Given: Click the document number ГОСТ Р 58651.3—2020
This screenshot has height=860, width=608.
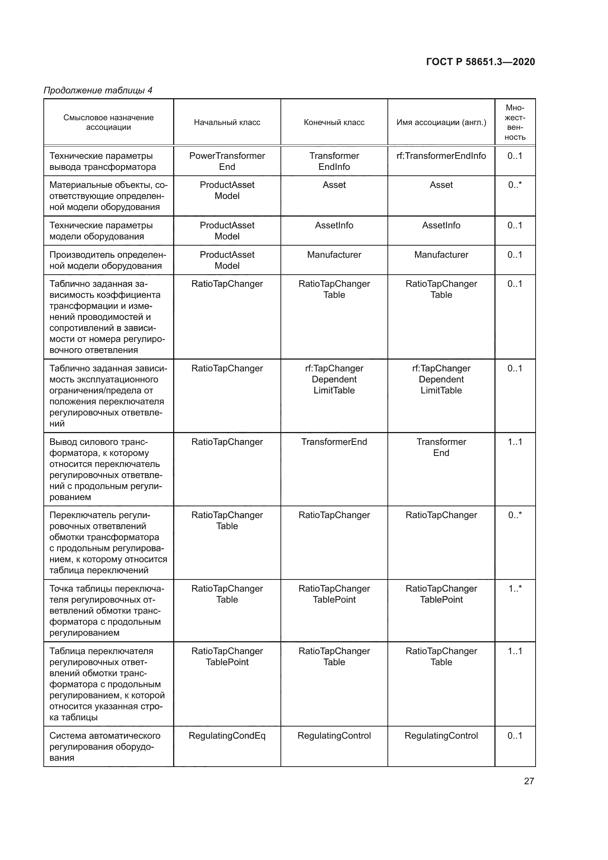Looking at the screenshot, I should pos(480,62).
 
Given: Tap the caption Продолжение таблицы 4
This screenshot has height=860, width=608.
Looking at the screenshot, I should pos(98,90).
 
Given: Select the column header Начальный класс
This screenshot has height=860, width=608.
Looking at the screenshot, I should pos(227,122).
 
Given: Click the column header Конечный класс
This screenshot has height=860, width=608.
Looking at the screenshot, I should pos(334,122).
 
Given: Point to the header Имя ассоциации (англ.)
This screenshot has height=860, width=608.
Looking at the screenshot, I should pos(441,122).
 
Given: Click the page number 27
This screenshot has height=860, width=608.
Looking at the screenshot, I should pos(529,781).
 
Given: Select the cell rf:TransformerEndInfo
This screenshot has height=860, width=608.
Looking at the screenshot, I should pos(441,156).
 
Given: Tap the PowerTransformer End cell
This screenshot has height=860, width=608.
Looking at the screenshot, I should pos(227,161).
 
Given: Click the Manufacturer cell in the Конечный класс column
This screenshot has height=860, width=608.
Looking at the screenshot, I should pos(334,255).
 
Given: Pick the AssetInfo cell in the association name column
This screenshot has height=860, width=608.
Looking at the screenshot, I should pos(441,225).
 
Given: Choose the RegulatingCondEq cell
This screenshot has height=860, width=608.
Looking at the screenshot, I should pos(227,736).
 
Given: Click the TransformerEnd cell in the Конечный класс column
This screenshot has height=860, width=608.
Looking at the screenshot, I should pos(334,442).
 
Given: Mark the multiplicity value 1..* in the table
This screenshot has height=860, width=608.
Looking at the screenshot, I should pos(515,589).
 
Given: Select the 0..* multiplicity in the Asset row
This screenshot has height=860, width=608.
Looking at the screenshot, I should pos(515,185).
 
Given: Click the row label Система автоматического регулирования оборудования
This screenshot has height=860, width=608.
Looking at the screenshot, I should pos(105,746).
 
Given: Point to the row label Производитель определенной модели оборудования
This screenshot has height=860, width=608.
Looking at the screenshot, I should pos(108,260).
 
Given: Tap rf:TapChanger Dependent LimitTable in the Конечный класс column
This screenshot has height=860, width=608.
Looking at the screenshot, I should pos(334,379).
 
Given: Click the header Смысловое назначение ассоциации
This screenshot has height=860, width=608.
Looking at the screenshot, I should pos(108,122).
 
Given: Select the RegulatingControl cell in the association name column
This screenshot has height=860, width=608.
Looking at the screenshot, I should pos(441,736).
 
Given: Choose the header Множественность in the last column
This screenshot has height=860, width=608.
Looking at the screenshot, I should pos(515,122).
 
